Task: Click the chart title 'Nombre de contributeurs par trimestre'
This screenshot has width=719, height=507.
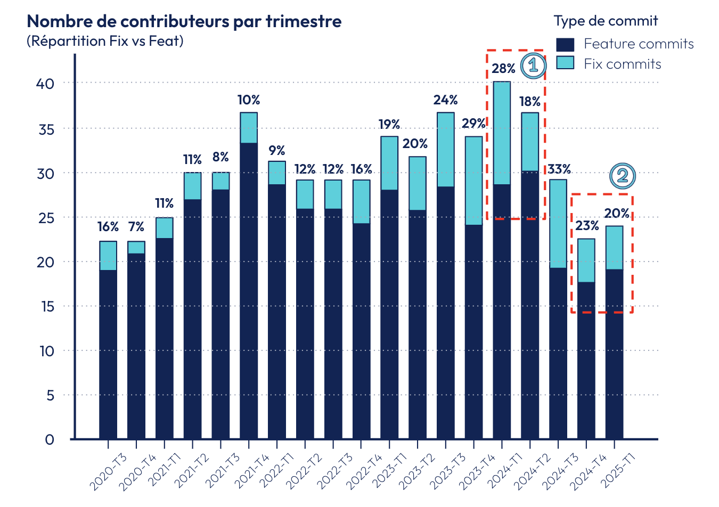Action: (184, 21)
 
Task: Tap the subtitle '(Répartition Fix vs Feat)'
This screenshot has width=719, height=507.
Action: (105, 41)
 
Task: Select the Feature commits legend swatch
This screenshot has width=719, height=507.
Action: (565, 44)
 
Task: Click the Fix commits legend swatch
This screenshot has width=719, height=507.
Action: (565, 63)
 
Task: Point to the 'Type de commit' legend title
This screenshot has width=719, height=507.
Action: (606, 21)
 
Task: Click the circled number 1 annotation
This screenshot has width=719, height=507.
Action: (533, 66)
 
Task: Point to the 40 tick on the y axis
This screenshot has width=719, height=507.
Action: (46, 84)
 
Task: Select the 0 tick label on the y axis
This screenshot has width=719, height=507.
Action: (50, 440)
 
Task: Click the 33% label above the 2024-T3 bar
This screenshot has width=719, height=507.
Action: (559, 169)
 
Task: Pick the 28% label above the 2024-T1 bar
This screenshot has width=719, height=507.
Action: (503, 69)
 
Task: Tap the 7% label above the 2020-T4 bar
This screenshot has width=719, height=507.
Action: (136, 227)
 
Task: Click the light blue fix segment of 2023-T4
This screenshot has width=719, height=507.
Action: (473, 181)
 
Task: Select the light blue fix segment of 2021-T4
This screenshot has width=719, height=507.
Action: (249, 128)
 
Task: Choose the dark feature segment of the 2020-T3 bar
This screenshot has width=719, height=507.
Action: (108, 354)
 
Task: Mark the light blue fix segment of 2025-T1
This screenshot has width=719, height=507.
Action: (614, 248)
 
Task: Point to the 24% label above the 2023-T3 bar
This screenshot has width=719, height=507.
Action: (445, 100)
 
